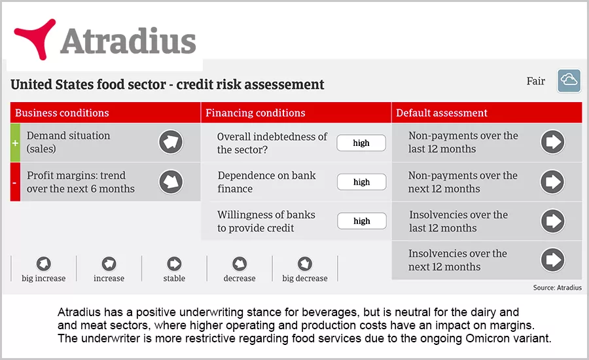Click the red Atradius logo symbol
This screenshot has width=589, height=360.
click(36, 38)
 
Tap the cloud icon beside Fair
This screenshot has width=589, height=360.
click(569, 81)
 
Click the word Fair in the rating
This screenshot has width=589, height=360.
click(535, 81)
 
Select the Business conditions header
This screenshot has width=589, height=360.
click(62, 113)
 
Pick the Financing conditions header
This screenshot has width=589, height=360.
click(255, 113)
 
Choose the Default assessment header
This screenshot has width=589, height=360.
click(442, 113)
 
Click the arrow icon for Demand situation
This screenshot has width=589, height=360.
click(171, 142)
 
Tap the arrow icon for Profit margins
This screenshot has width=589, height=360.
click(171, 181)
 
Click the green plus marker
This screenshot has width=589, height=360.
click(15, 143)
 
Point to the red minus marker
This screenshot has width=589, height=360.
click(15, 182)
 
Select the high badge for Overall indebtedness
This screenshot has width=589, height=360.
click(361, 143)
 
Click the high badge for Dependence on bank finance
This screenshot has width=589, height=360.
click(361, 182)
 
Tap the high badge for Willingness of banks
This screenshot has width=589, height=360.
click(362, 221)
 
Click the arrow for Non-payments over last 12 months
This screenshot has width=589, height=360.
click(552, 142)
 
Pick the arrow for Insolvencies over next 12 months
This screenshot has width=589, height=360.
click(552, 260)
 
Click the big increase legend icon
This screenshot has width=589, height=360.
click(44, 264)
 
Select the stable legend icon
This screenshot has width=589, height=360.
click(174, 264)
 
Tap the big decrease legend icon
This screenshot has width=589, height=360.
click(304, 264)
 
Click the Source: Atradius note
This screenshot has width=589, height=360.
click(558, 287)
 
